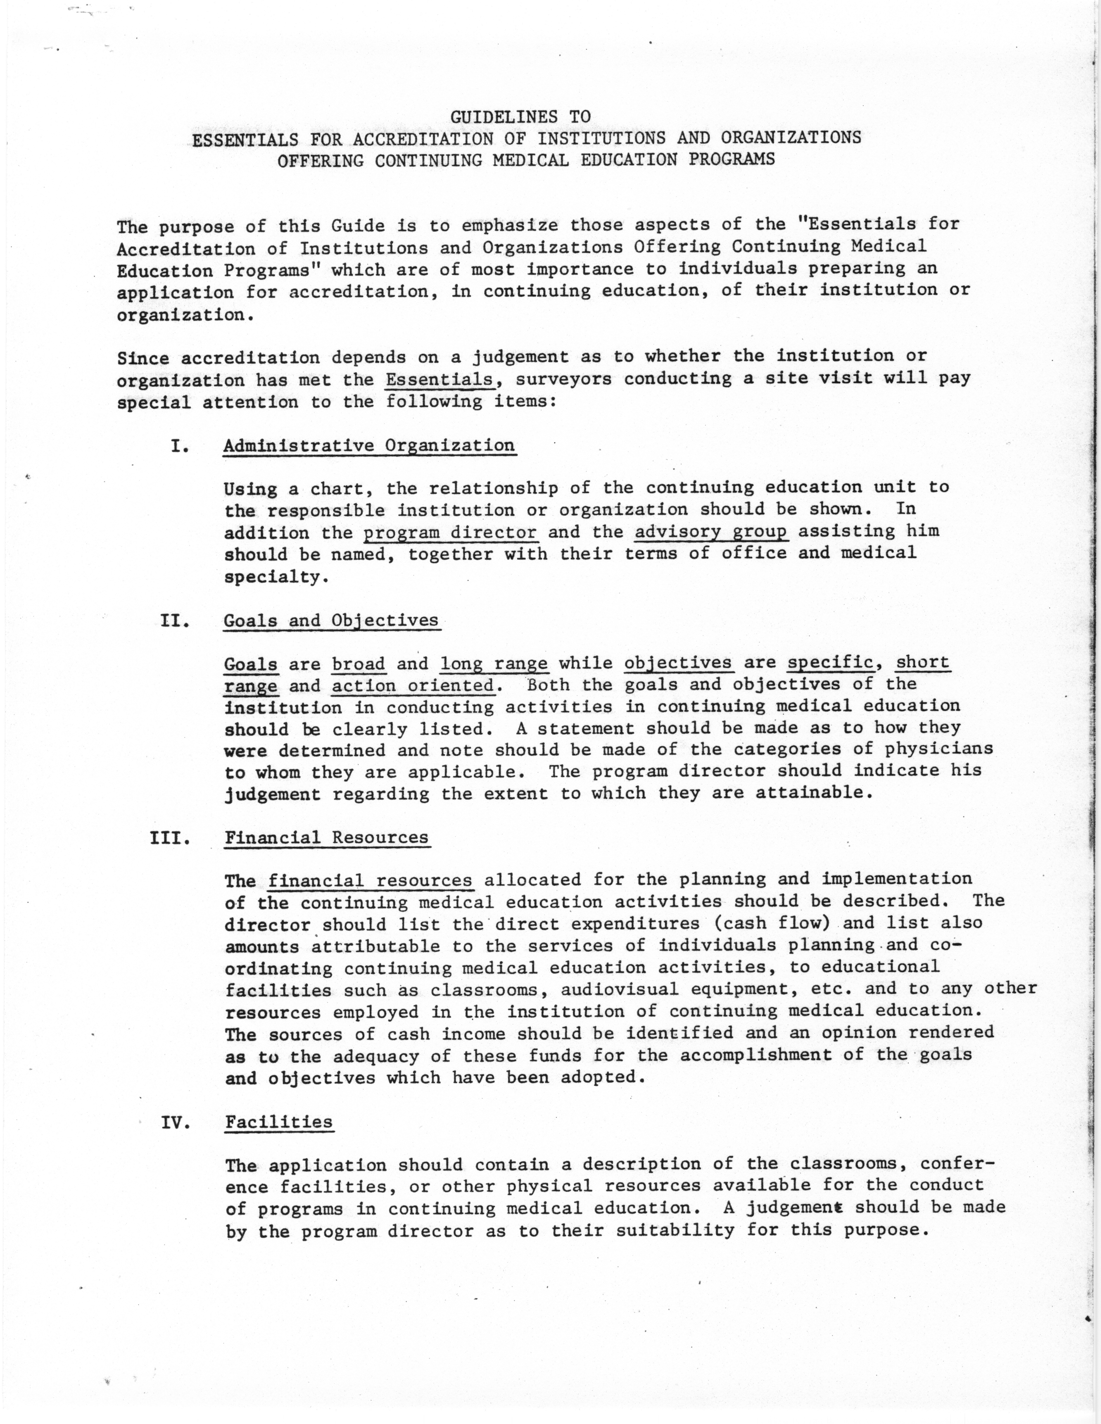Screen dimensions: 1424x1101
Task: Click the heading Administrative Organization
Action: [369, 446]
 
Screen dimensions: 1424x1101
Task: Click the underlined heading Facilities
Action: [279, 1122]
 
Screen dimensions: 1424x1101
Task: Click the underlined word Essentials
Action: [439, 380]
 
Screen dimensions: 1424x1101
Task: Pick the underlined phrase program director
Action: [450, 533]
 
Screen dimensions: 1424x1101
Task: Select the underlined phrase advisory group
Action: [711, 532]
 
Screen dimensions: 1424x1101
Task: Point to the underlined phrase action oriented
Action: [412, 686]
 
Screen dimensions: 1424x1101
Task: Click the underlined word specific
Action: [830, 663]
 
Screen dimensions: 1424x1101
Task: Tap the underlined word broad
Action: [359, 664]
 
